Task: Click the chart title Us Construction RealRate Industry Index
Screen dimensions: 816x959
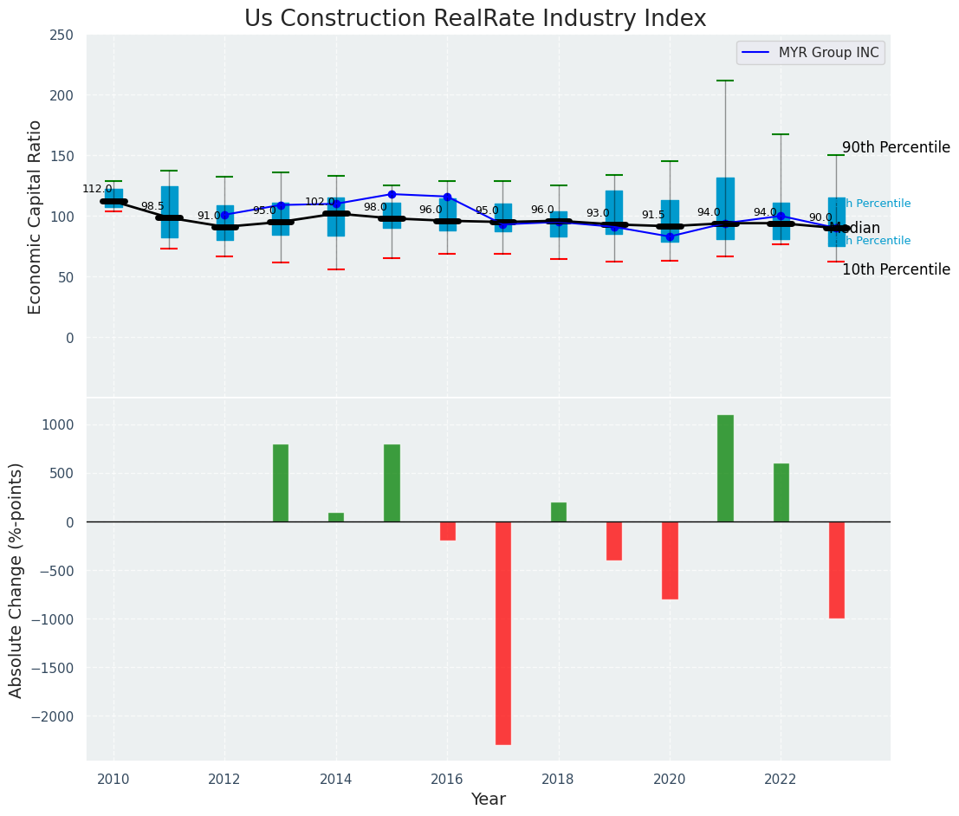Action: (x=475, y=19)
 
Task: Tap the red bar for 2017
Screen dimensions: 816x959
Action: (x=503, y=632)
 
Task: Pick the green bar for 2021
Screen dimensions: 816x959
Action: (x=725, y=469)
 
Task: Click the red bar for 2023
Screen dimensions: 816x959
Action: (x=836, y=569)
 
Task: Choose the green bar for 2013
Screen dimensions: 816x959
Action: (x=281, y=483)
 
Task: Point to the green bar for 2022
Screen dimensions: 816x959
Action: (x=781, y=493)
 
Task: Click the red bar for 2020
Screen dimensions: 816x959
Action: (x=670, y=560)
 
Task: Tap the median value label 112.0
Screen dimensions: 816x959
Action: (x=97, y=189)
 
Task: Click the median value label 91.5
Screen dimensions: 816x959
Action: (x=653, y=215)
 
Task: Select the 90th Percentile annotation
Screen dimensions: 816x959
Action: (x=896, y=147)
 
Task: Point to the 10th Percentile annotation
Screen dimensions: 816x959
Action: (x=896, y=269)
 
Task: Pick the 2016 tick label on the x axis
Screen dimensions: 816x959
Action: (x=447, y=779)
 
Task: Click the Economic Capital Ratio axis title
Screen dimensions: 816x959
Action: (x=35, y=217)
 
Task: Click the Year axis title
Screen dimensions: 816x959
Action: (x=488, y=800)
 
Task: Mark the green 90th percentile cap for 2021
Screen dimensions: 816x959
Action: (x=725, y=81)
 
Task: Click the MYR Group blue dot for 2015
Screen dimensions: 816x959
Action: (x=392, y=194)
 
